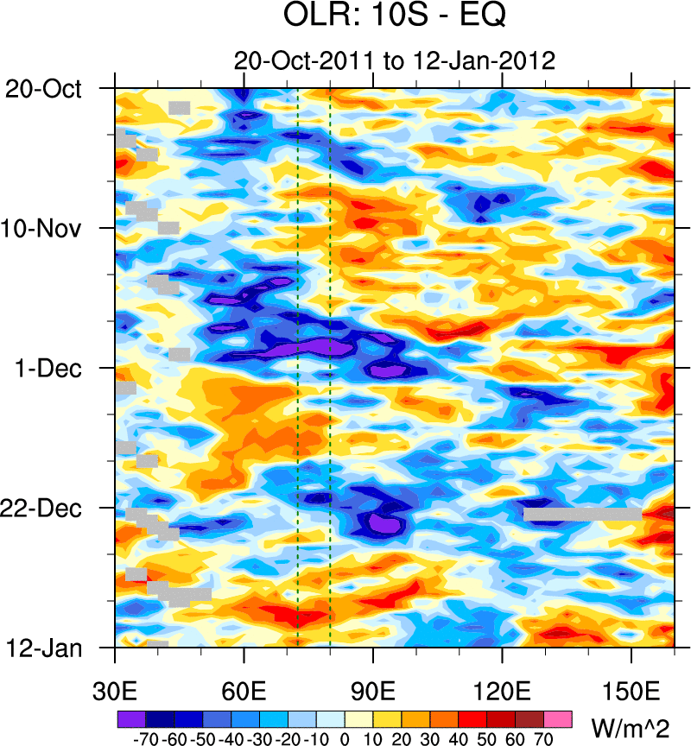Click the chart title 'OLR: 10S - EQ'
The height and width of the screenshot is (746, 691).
(394, 17)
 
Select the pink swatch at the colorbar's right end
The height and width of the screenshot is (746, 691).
(559, 718)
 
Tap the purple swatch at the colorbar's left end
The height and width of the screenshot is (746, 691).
(130, 718)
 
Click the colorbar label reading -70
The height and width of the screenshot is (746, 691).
(143, 739)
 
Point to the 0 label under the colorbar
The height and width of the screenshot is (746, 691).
(345, 739)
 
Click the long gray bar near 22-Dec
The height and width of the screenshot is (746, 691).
(582, 514)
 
